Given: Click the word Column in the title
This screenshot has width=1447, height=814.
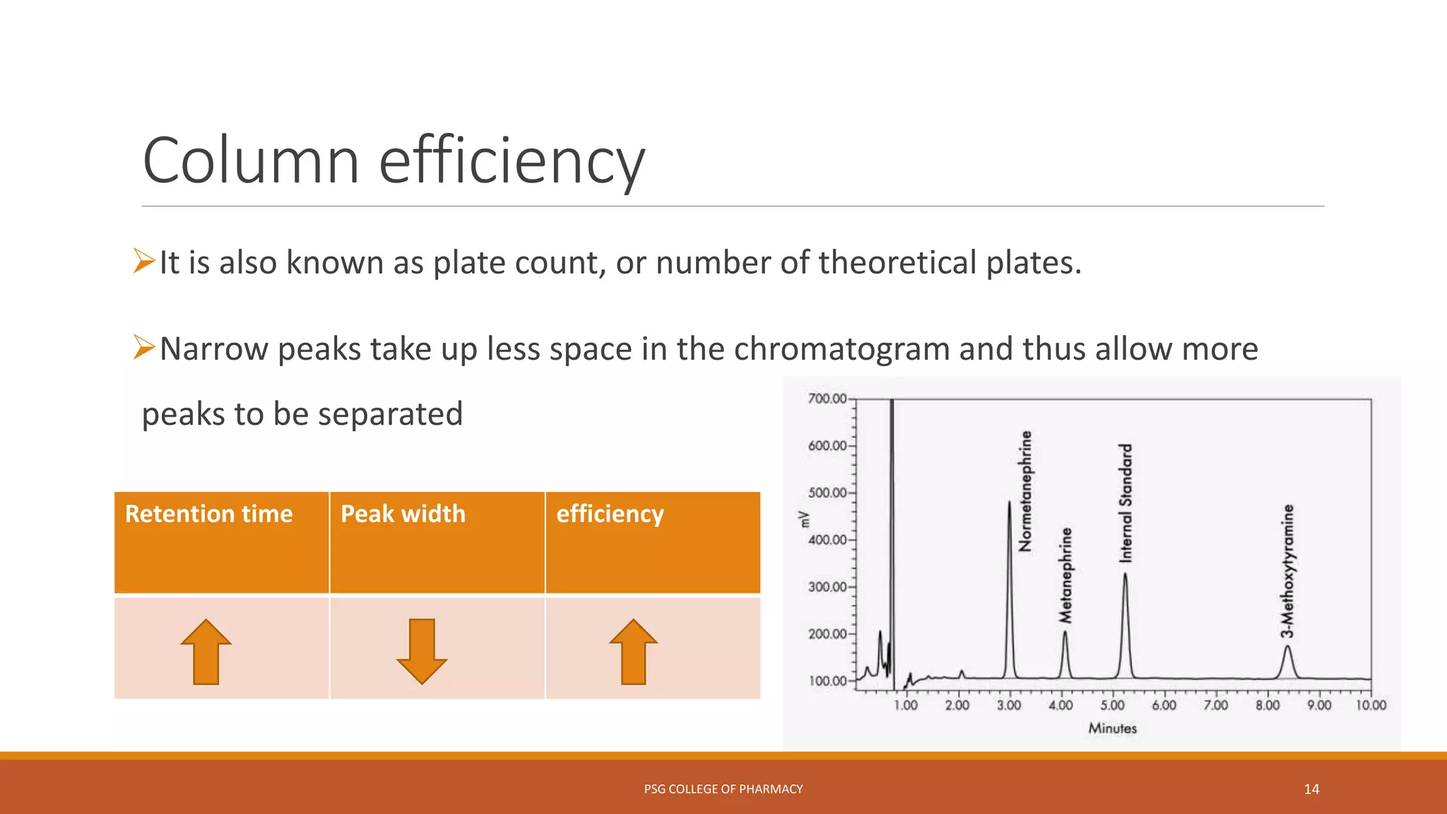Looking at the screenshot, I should pos(251,161).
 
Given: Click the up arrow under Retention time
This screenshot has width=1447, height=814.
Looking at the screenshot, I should pos(206,651).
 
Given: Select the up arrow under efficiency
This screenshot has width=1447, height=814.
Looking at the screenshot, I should pos(634,651).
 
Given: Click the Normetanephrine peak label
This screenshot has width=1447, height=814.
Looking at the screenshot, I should pos(1025,491).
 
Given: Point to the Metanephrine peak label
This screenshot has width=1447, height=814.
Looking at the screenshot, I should pos(1065,575).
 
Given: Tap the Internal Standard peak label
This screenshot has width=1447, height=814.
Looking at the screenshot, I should pos(1126,503).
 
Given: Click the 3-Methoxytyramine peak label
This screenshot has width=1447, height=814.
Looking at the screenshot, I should pos(1288,571).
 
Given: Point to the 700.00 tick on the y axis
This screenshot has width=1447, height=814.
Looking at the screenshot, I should pos(827,399).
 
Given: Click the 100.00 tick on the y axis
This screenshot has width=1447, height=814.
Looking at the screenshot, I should pos(827,681).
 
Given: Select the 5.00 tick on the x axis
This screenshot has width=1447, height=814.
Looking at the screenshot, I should pos(1112,705).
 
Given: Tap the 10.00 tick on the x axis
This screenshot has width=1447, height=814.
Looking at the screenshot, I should pos(1370,705).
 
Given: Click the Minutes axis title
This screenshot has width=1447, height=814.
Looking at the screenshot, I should pos(1112,729).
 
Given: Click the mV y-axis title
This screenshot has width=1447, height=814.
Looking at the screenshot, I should pos(803,519).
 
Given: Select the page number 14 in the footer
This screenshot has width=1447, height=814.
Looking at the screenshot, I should pos(1311,789).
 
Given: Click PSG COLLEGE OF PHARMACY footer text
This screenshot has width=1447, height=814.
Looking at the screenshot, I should pos(723,789).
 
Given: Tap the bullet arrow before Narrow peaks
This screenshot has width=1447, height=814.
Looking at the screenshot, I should pos(144,348).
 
